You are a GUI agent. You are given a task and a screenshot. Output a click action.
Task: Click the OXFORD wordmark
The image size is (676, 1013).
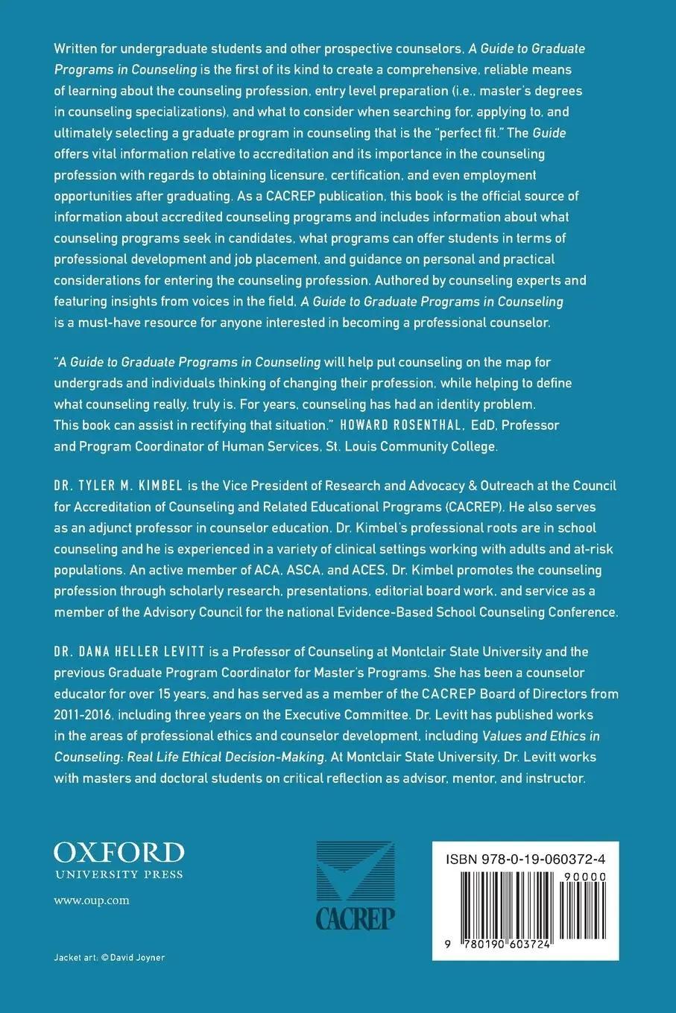[x=119, y=853]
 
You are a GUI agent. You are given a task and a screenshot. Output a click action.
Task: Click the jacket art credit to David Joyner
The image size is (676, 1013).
[x=110, y=957]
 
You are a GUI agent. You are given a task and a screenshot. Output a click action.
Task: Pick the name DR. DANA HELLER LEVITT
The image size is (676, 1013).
[x=129, y=652]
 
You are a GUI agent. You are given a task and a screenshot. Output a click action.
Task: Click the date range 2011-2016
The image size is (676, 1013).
[x=82, y=714]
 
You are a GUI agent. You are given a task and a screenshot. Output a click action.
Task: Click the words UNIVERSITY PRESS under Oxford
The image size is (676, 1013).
[x=119, y=874]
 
